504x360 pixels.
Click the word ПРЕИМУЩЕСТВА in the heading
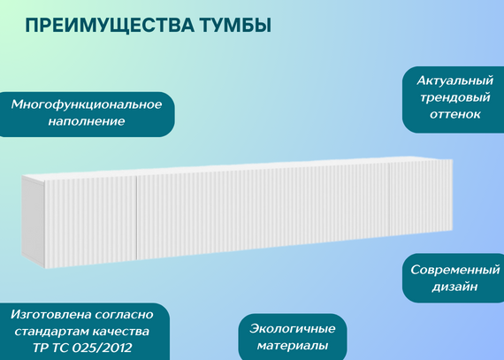pyautogui.click(x=110, y=26)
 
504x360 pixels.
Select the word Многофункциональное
pyautogui.click(x=87, y=104)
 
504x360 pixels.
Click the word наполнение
pyautogui.click(x=87, y=121)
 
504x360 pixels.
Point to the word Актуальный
pyautogui.click(x=454, y=80)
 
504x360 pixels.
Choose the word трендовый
pyautogui.click(x=454, y=97)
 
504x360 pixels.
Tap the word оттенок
pyautogui.click(x=454, y=114)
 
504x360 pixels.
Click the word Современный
pyautogui.click(x=454, y=270)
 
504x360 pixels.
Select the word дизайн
pyautogui.click(x=454, y=287)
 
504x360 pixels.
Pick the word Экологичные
pyautogui.click(x=292, y=329)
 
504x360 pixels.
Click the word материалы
pyautogui.click(x=292, y=346)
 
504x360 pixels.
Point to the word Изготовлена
pyautogui.click(x=50, y=314)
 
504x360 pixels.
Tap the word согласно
pyautogui.click(x=124, y=315)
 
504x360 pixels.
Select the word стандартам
pyautogui.click(x=52, y=332)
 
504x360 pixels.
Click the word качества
pyautogui.click(x=121, y=332)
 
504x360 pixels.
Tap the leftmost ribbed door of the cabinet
pyautogui.click(x=90, y=222)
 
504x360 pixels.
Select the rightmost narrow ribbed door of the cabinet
pyautogui.click(x=421, y=196)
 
